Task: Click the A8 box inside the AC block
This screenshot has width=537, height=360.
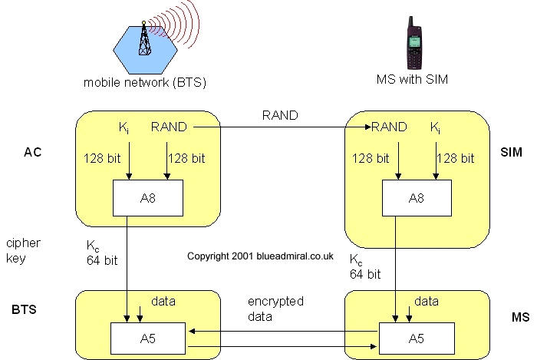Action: click(149, 199)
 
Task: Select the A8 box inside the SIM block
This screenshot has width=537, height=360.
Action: click(417, 199)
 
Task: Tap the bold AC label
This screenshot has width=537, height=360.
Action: click(32, 152)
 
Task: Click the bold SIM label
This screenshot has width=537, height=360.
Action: click(511, 152)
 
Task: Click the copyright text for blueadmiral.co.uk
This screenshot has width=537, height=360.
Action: click(259, 256)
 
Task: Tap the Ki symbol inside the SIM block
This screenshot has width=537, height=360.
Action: click(436, 127)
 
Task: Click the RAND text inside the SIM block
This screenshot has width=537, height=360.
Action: click(389, 127)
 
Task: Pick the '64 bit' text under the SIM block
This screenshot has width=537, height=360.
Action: click(365, 272)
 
